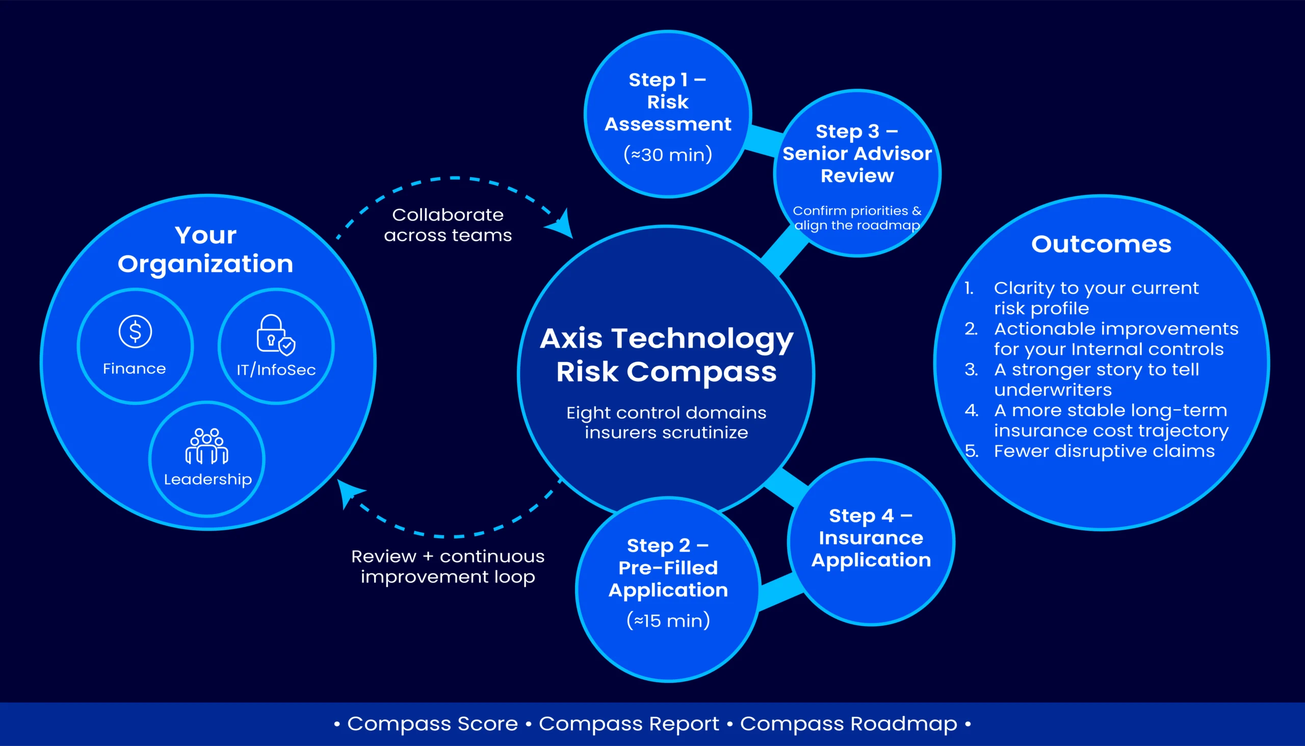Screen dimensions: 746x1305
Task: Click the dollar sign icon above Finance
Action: (x=135, y=331)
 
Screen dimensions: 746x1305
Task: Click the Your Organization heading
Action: (x=205, y=249)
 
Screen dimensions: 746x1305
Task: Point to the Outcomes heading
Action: (x=1101, y=244)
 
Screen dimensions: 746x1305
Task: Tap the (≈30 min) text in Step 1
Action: (x=668, y=154)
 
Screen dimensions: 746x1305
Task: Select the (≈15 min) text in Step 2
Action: (x=668, y=621)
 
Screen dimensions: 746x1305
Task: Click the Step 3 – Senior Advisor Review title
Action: (x=857, y=153)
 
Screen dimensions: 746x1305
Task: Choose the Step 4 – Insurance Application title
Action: (x=871, y=537)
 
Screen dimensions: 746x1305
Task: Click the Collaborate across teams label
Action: (x=448, y=225)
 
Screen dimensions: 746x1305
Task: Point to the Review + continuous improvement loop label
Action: (x=448, y=566)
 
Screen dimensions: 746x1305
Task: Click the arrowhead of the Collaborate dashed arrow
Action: (x=562, y=225)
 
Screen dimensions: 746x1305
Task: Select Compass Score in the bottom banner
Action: (x=432, y=724)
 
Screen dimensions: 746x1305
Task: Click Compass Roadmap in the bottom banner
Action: (x=848, y=724)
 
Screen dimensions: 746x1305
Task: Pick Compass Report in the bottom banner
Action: (x=629, y=724)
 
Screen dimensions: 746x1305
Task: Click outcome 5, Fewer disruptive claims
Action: (x=1104, y=451)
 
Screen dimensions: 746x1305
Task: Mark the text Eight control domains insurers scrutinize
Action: (x=666, y=422)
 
